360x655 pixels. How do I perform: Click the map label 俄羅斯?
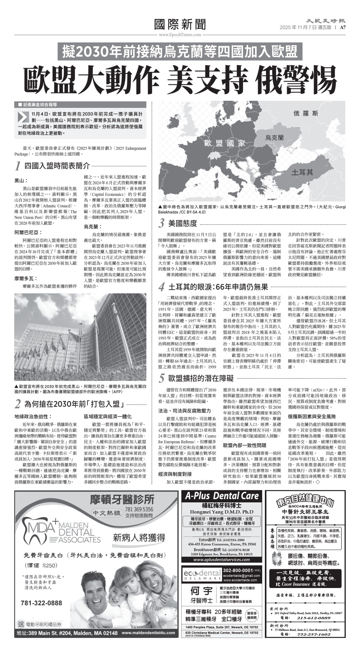point(306,114)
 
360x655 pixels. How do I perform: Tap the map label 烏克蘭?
point(274,137)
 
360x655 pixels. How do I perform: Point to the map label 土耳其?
point(302,172)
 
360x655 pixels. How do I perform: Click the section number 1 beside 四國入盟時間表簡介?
point(18,166)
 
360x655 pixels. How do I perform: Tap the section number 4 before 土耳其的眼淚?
point(162,287)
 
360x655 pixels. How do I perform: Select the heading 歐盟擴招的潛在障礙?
point(201,378)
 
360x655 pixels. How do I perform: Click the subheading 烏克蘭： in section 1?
point(93,227)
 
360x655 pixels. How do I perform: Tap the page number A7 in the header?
point(343,27)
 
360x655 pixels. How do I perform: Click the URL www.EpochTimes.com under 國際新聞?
point(180,35)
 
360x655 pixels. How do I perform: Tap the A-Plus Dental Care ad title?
point(222,496)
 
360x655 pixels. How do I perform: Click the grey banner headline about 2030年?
point(180,52)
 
